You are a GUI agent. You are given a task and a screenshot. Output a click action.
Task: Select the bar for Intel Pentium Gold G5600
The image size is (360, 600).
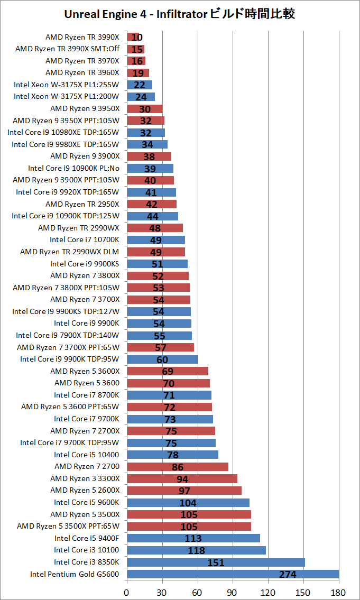click(233, 574)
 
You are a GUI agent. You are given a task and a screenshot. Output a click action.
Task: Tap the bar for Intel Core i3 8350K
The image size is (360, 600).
click(216, 562)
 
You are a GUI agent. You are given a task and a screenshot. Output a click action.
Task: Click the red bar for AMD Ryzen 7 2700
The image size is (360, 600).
click(178, 466)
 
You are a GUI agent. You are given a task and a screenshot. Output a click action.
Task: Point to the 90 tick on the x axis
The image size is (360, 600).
click(233, 593)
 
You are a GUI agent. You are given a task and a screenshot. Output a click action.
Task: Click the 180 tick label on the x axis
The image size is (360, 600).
click(339, 593)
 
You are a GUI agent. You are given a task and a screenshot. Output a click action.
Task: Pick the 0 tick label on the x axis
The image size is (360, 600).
click(127, 593)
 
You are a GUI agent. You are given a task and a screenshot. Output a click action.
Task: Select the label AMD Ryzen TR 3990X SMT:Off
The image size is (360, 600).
click(67, 49)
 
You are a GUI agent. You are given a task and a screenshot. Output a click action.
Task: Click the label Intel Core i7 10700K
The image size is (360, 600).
click(85, 240)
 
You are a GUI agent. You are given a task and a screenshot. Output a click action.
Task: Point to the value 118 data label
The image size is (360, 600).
click(197, 550)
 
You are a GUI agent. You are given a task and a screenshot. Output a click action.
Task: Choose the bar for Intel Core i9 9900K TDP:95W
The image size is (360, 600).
click(162, 359)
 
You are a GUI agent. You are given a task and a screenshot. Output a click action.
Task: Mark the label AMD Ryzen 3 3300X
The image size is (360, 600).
click(85, 478)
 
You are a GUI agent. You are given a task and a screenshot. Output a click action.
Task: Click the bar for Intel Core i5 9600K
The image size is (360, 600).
click(188, 502)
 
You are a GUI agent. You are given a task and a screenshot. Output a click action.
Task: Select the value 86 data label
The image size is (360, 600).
click(178, 467)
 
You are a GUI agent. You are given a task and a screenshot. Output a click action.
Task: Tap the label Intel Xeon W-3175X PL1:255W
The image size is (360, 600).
click(67, 85)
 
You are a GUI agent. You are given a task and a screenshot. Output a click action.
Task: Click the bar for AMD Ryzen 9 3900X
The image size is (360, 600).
click(149, 156)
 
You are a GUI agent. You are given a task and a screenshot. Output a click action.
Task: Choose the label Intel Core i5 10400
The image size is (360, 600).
click(87, 455)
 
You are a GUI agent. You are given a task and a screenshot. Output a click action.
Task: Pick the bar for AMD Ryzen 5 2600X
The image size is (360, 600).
click(184, 491)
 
